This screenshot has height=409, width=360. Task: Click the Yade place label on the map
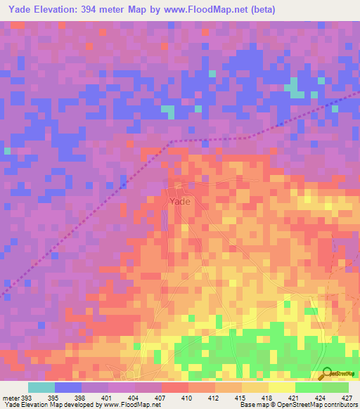(x=179, y=201)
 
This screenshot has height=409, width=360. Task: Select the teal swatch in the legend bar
(x=41, y=387)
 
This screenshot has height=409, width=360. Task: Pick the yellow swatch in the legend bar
(x=281, y=387)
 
